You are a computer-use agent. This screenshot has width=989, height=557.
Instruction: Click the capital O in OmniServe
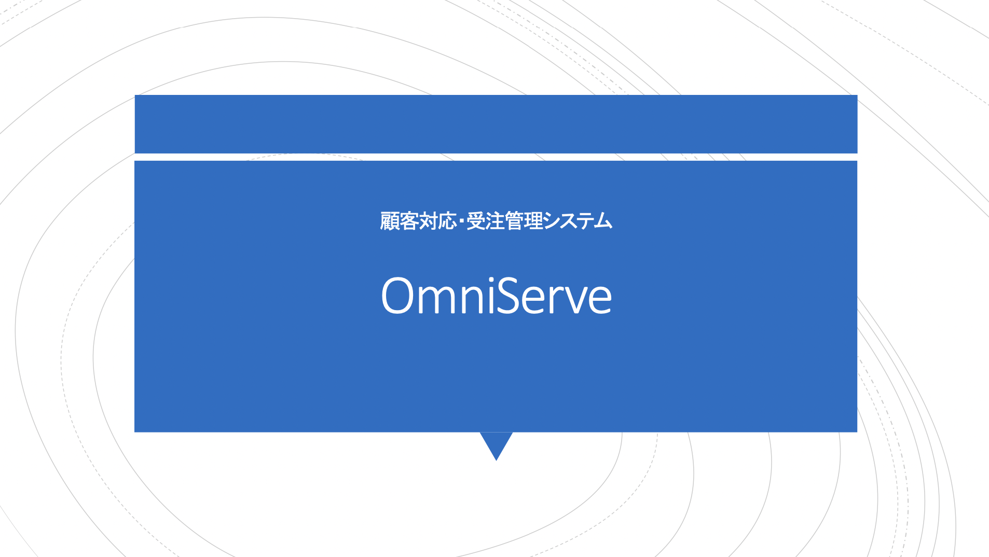pyautogui.click(x=397, y=296)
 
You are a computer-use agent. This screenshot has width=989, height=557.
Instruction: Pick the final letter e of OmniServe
pyautogui.click(x=601, y=301)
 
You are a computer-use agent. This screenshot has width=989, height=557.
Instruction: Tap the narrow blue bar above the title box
pyautogui.click(x=496, y=124)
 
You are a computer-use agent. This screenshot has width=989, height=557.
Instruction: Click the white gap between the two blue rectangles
pyautogui.click(x=496, y=157)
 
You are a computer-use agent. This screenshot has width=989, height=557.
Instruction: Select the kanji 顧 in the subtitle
pyautogui.click(x=389, y=221)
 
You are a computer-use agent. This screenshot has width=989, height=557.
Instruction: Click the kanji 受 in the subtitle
pyautogui.click(x=476, y=221)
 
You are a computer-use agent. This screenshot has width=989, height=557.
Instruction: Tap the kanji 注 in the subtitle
pyautogui.click(x=496, y=221)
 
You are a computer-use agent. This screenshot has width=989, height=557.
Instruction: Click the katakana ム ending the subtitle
pyautogui.click(x=603, y=221)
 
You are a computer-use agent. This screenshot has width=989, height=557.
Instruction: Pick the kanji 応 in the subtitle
pyautogui.click(x=447, y=221)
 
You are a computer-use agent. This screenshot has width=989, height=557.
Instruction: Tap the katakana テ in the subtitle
pyautogui.click(x=585, y=221)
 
